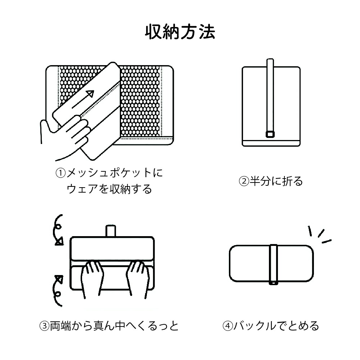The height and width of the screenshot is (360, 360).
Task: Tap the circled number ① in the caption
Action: click(x=60, y=173)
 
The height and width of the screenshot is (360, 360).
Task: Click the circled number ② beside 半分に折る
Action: click(x=244, y=181)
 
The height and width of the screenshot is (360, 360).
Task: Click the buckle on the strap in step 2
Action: click(x=270, y=135)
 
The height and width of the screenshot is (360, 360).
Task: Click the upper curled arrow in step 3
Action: click(x=58, y=230)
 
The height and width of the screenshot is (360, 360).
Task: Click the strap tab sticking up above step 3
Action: click(x=111, y=231)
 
